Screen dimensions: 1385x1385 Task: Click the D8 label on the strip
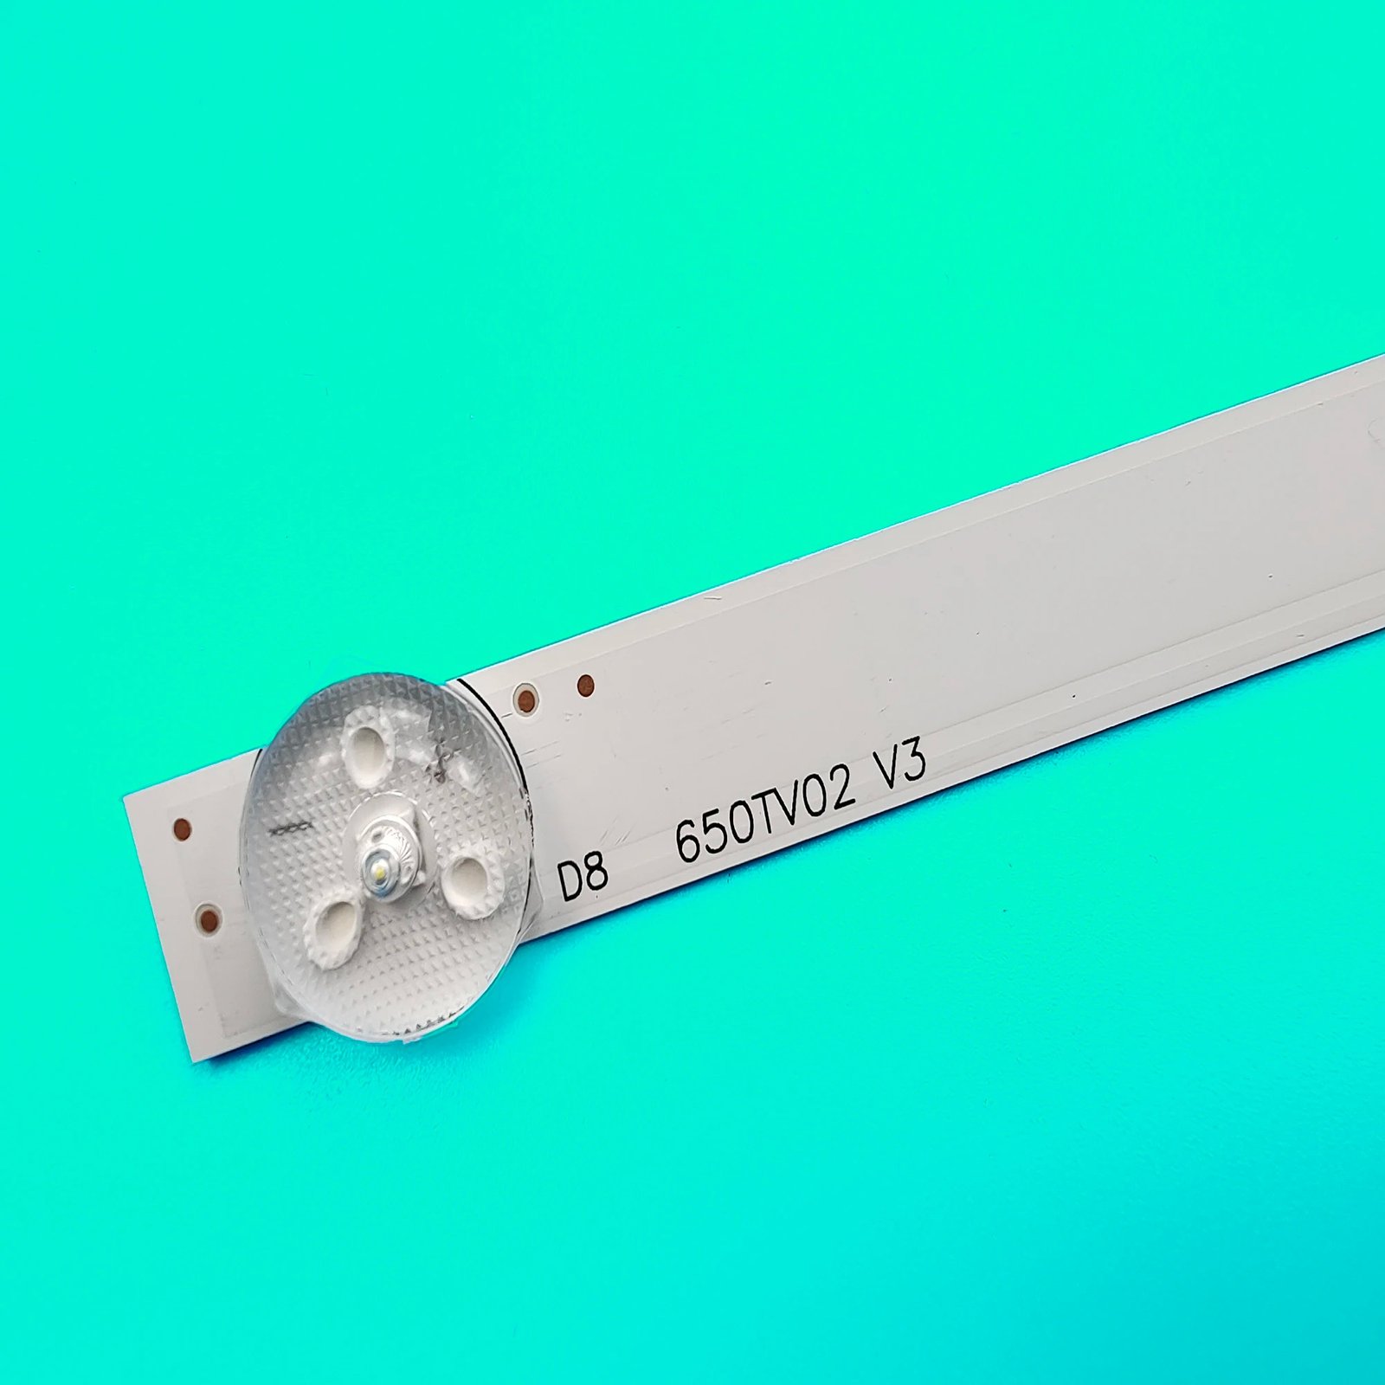click(x=583, y=877)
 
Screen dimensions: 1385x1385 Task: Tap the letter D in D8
click(x=570, y=881)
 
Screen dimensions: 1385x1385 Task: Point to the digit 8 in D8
click(x=596, y=873)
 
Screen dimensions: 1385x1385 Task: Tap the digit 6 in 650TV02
click(x=690, y=841)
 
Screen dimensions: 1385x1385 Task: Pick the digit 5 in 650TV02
click(x=718, y=832)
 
